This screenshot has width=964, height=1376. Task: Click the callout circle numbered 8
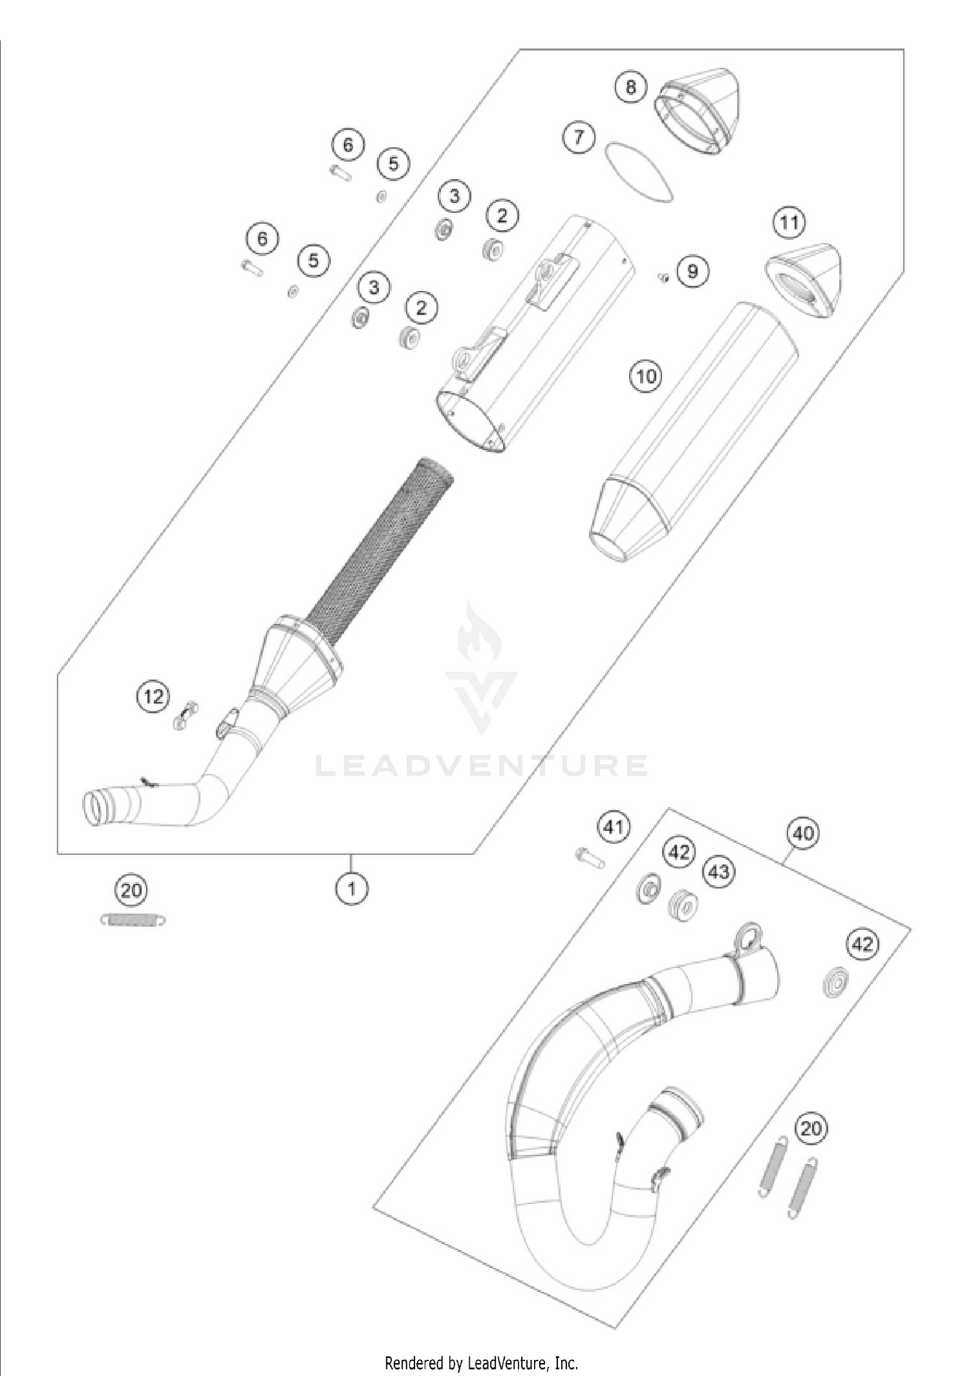[630, 86]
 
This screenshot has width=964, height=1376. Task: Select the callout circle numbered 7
[579, 137]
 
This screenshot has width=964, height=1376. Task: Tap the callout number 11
[789, 222]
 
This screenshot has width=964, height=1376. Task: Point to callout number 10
[646, 375]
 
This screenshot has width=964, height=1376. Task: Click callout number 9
[692, 271]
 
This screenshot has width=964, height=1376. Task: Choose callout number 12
[153, 697]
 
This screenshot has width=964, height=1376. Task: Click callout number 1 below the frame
[352, 889]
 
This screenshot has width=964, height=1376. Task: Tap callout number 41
[613, 826]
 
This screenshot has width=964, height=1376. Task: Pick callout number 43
[719, 871]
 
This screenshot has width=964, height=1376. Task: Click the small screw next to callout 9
[664, 277]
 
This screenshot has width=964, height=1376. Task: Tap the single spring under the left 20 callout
[134, 920]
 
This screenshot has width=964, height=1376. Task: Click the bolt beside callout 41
[589, 856]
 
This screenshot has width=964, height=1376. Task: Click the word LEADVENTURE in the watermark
[482, 765]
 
